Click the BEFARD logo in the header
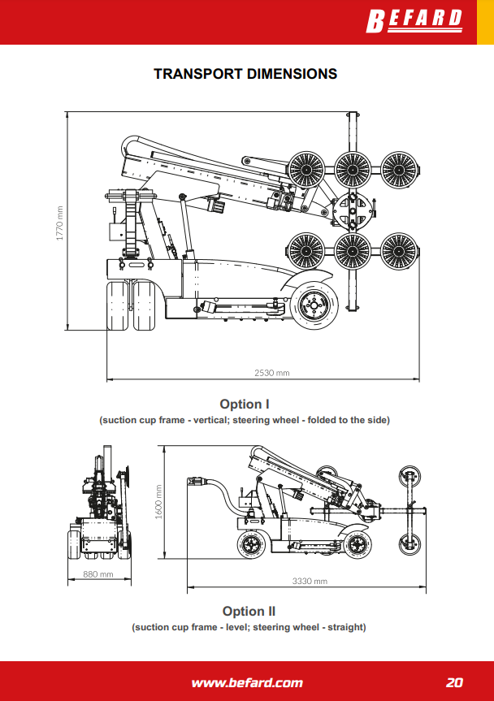coord(415,19)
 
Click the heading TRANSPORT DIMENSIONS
coord(245,74)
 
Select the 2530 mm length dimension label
coord(271,373)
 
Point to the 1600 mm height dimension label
coord(159,501)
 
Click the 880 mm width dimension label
coord(97,574)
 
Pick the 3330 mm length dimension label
coord(309,581)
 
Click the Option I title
coord(245,404)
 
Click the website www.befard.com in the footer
coord(247,682)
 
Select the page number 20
coord(454,682)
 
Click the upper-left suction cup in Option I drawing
coord(307,170)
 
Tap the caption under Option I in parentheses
coord(245,420)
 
